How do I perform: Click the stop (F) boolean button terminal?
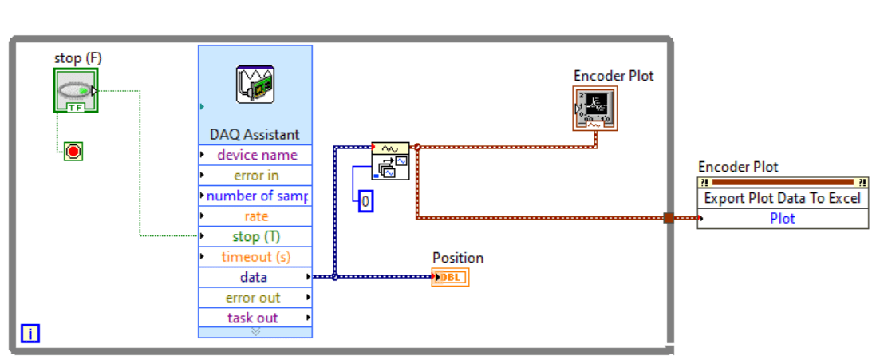click(75, 90)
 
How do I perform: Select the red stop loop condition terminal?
click(73, 151)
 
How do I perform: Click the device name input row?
click(256, 155)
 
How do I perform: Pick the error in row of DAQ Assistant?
click(256, 176)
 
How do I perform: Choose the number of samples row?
click(256, 196)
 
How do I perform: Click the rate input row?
click(256, 216)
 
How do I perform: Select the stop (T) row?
click(256, 236)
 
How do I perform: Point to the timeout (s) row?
click(256, 257)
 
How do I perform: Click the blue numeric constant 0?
click(365, 202)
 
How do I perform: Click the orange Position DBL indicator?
click(451, 277)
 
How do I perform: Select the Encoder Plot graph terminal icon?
click(595, 109)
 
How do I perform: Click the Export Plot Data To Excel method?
click(782, 198)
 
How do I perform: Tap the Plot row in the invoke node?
click(782, 219)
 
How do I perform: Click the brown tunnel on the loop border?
click(669, 217)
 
